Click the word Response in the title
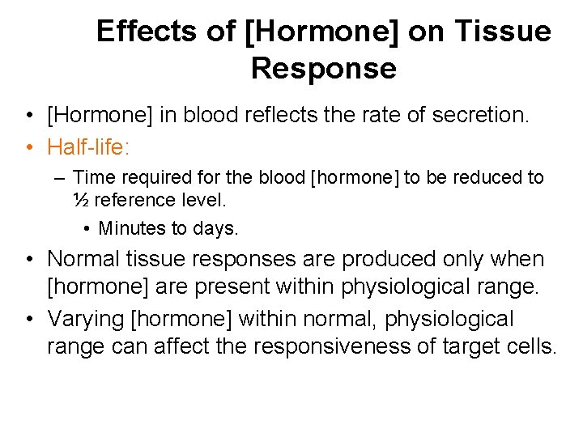(x=324, y=70)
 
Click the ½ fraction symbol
(x=81, y=200)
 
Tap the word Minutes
(x=132, y=229)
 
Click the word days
(x=216, y=229)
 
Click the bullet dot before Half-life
(x=28, y=147)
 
